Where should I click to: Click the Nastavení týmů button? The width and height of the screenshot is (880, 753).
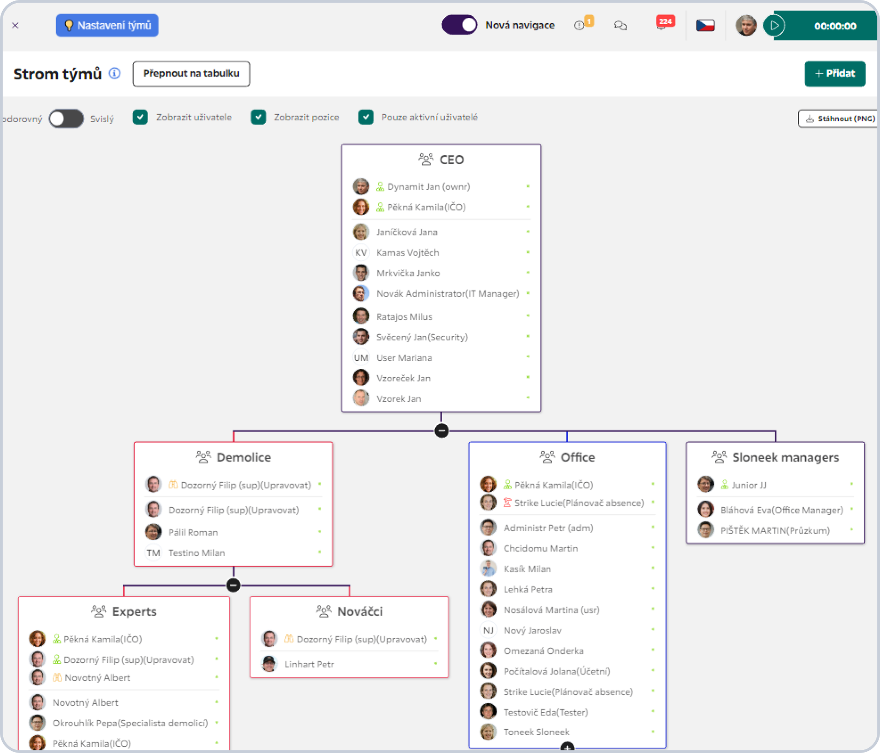pos(107,25)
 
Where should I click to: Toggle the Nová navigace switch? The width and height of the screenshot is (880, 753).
pos(459,25)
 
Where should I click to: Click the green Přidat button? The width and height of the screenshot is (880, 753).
pos(835,74)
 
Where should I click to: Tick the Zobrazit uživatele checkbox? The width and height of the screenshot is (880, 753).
pos(140,117)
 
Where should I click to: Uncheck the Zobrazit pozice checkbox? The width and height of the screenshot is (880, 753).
pos(258,117)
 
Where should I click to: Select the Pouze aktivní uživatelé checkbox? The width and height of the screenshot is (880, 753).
pos(366,117)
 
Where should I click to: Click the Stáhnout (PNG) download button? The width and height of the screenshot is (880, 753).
pos(838,119)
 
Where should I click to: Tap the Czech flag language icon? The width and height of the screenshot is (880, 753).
pos(706,25)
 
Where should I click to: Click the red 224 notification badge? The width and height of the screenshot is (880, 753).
pos(665,21)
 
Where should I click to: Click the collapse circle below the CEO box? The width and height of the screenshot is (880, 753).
pos(441,431)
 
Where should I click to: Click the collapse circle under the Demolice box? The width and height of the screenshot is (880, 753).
pos(233,585)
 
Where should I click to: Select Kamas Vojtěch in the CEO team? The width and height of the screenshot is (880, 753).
pos(407,253)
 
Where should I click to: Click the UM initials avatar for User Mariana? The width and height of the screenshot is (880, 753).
pos(361,358)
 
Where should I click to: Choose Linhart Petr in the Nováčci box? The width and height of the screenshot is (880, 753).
pos(309,664)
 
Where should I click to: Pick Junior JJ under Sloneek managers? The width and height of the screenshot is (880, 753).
pos(749,485)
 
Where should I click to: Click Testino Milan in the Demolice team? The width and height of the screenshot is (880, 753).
pos(196,553)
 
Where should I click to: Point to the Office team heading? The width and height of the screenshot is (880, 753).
pos(577,457)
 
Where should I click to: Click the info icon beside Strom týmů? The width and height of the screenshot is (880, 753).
pos(115,73)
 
